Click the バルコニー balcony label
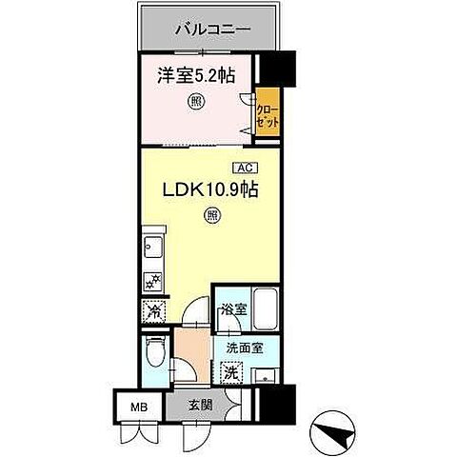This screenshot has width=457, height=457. [x=212, y=30]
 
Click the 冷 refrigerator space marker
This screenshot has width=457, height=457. [x=153, y=309]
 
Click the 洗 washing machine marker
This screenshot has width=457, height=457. [x=231, y=371]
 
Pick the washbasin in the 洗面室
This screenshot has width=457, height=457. [x=268, y=371]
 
